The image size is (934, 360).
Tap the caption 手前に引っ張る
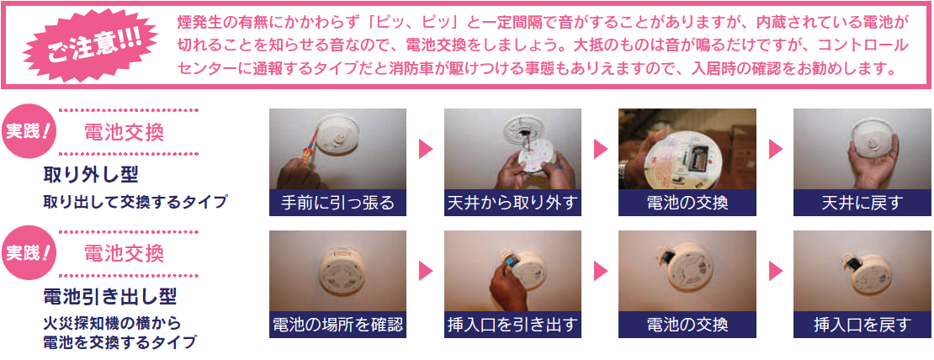point(337,203)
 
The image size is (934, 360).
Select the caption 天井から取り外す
point(512,203)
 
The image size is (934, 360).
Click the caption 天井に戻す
point(862,203)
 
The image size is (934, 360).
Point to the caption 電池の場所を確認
point(337,324)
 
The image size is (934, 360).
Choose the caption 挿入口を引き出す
point(512,324)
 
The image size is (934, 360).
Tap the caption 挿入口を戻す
point(862,324)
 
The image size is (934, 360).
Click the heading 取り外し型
point(91,174)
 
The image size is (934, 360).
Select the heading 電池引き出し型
point(109,296)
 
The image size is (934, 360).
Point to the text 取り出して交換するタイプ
point(135,202)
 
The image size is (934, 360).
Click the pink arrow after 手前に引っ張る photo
point(425,149)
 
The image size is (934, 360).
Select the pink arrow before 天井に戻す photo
point(775,149)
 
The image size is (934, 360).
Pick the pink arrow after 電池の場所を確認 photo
point(425,271)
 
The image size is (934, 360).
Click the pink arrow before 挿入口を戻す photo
point(775,271)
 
